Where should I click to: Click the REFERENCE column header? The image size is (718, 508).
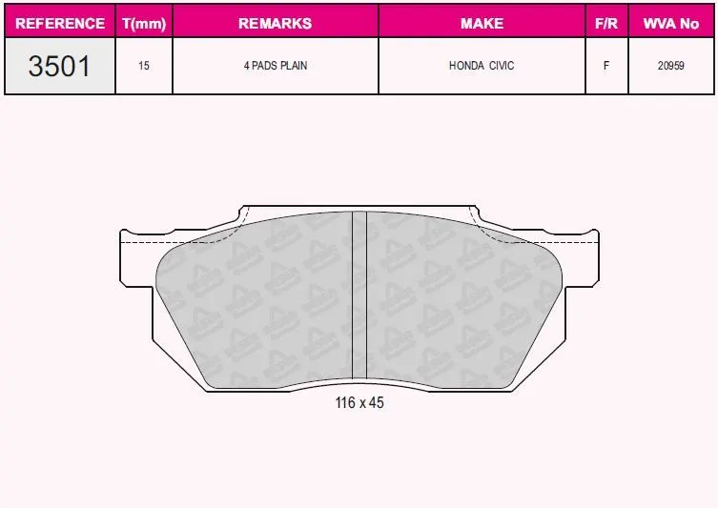pyautogui.click(x=60, y=23)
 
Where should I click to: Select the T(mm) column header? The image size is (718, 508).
pyautogui.click(x=144, y=23)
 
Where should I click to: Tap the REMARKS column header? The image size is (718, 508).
pyautogui.click(x=276, y=23)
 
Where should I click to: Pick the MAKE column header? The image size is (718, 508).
pyautogui.click(x=482, y=23)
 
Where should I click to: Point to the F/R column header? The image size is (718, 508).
pyautogui.click(x=606, y=23)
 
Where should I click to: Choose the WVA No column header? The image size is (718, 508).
pyautogui.click(x=671, y=23)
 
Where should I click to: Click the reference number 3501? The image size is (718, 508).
pyautogui.click(x=59, y=66)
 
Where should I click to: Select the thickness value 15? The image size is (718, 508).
pyautogui.click(x=144, y=66)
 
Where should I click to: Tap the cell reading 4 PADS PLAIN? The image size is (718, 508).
pyautogui.click(x=276, y=66)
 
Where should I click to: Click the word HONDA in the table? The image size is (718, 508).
pyautogui.click(x=466, y=66)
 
